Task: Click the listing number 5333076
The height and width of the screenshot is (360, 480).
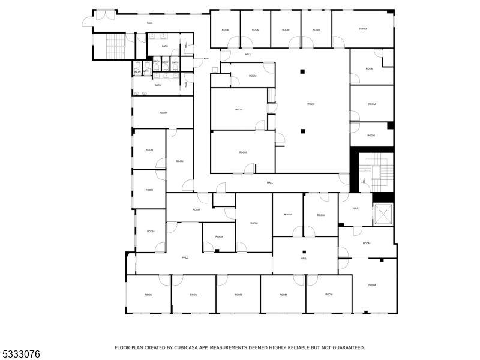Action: pos(20,355)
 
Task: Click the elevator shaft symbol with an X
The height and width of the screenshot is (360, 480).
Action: pos(383,214)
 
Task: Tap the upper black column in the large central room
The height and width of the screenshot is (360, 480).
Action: pos(303,72)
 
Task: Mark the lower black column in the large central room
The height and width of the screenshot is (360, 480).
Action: pos(303,131)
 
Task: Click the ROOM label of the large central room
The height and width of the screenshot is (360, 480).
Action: pos(311,104)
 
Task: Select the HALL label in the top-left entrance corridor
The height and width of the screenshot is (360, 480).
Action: pos(149,23)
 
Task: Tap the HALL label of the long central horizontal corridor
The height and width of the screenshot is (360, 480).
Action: pos(270,182)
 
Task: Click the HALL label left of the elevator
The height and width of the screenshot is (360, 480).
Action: pos(355,208)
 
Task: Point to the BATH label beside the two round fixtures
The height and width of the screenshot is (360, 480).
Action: pos(158,85)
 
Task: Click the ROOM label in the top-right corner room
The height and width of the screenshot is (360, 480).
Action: pos(363,29)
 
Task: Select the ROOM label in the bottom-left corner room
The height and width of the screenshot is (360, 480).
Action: pos(148,295)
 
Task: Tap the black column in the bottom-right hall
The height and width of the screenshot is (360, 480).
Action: pos(304,252)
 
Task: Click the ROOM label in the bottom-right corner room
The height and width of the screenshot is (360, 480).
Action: pos(372,284)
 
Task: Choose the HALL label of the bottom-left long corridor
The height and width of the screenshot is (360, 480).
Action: pos(185,257)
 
